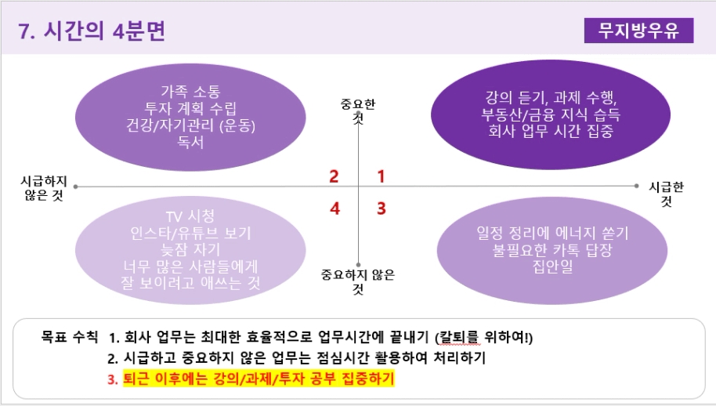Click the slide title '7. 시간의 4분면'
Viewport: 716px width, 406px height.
(x=92, y=31)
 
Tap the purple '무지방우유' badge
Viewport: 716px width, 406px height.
(x=638, y=31)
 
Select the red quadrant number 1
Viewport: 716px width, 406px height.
(x=382, y=176)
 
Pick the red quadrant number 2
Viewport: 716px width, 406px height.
(x=334, y=176)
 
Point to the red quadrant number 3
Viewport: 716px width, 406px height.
(x=382, y=208)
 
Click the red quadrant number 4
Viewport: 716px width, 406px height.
(x=334, y=208)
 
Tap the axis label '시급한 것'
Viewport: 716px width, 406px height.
(x=666, y=194)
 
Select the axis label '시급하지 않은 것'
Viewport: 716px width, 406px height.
(x=44, y=188)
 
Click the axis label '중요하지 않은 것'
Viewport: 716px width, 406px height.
(x=358, y=281)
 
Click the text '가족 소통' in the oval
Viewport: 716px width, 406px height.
(x=190, y=92)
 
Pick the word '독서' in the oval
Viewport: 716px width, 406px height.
(x=190, y=142)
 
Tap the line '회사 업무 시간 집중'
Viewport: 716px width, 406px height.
(x=551, y=131)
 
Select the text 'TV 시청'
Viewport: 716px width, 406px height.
(x=190, y=216)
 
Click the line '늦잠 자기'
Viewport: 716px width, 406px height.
(x=190, y=249)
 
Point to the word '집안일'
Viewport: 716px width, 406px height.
(x=552, y=266)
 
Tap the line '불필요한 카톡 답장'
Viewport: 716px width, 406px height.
(x=552, y=249)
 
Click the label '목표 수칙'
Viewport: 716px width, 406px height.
(x=70, y=336)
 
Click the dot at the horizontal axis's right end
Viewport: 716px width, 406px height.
(x=637, y=186)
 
